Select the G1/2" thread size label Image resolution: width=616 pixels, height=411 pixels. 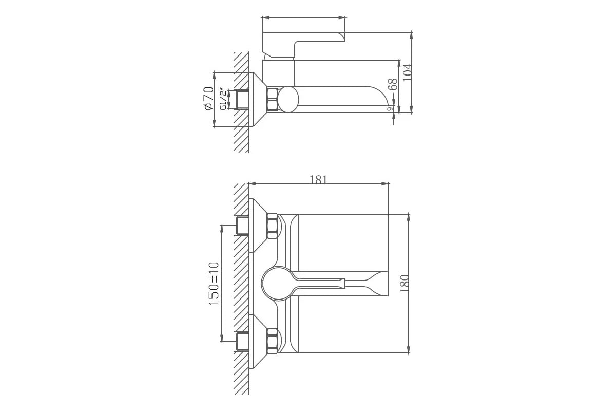(223, 99)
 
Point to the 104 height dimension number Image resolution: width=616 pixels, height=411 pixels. (407, 72)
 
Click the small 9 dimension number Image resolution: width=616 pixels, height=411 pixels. (390, 108)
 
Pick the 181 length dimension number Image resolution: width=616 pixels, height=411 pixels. (318, 179)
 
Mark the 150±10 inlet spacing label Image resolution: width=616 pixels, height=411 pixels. (214, 283)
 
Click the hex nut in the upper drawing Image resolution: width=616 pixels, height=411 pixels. (272, 99)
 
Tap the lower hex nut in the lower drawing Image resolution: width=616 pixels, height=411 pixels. (272, 341)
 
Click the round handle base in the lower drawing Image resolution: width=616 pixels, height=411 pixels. (277, 283)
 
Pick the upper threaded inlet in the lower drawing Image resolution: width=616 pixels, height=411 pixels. (242, 226)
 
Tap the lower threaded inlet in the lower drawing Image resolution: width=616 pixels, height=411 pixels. (242, 341)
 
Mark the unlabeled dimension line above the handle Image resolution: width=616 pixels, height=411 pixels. (303, 18)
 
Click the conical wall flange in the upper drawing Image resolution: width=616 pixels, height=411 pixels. (257, 99)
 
